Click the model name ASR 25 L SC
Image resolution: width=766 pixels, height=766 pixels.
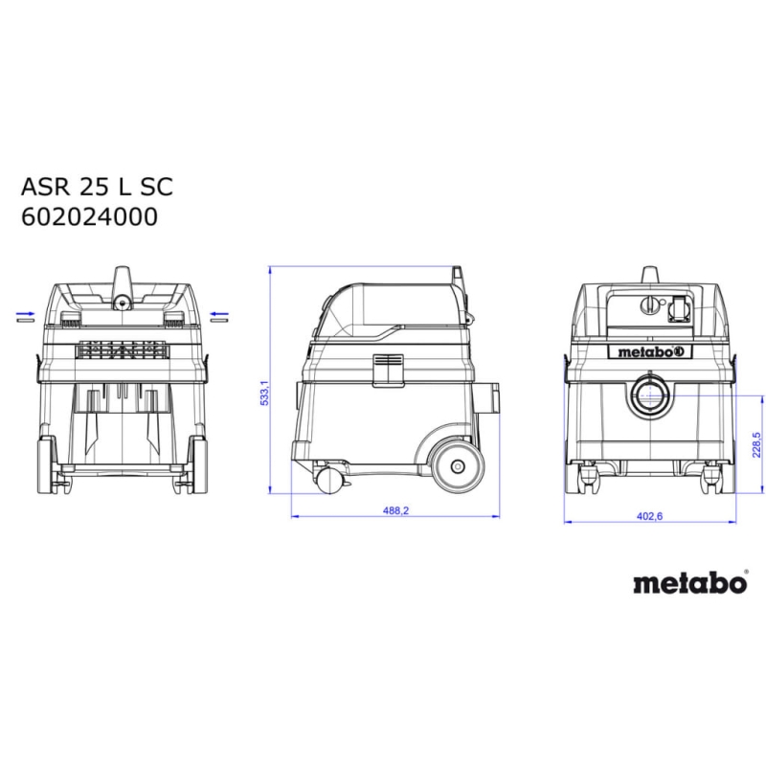[97, 187]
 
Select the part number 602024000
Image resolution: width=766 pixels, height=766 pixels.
[89, 217]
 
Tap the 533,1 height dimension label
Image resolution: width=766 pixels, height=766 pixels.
[264, 393]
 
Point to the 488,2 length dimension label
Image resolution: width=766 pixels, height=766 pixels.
[395, 510]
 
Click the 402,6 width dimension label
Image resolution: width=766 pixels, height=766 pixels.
[649, 516]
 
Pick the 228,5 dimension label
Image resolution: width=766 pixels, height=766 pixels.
[756, 444]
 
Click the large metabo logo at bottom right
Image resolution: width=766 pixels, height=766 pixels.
[690, 583]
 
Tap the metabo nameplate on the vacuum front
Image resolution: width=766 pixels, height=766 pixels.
[649, 351]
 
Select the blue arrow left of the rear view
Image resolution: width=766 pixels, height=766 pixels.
[26, 314]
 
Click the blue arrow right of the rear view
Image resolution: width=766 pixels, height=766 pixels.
[219, 314]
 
